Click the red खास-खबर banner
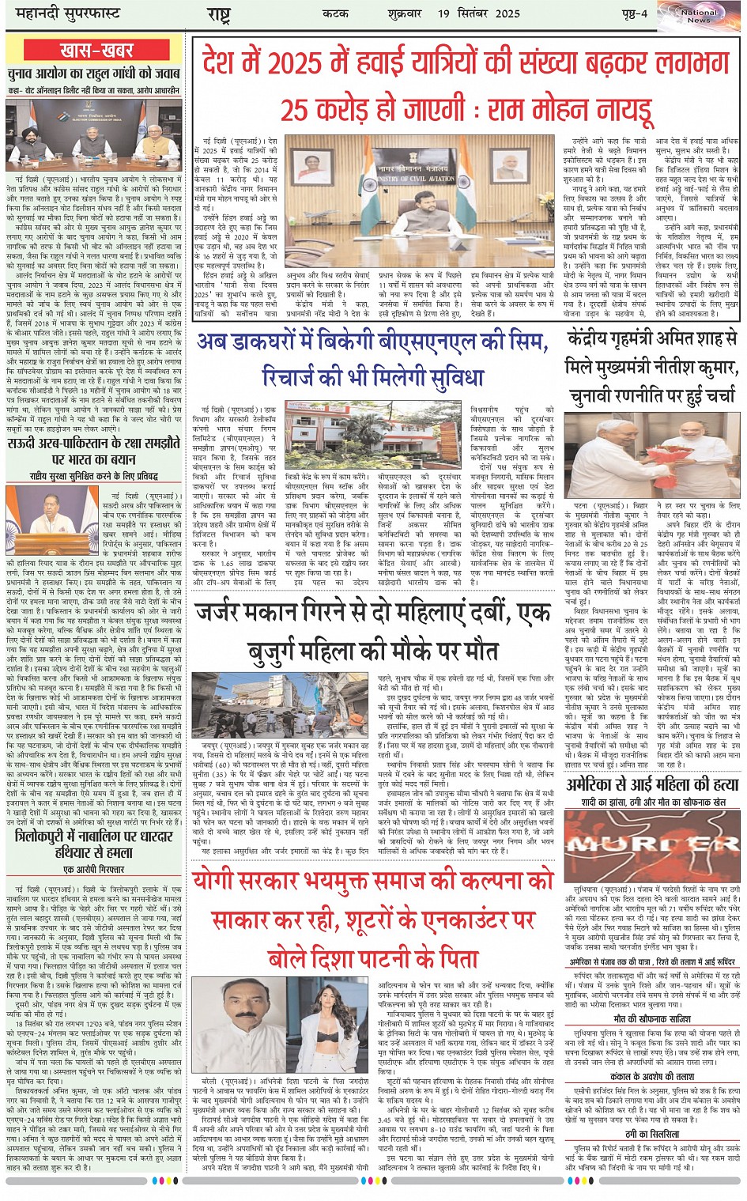[x=96, y=51]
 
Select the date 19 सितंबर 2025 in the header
[x=479, y=13]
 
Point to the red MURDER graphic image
[x=653, y=843]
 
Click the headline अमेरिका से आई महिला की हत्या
[x=653, y=785]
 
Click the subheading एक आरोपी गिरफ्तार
[x=96, y=869]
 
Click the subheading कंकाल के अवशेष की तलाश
[x=653, y=1076]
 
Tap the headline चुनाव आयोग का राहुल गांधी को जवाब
[x=96, y=74]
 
